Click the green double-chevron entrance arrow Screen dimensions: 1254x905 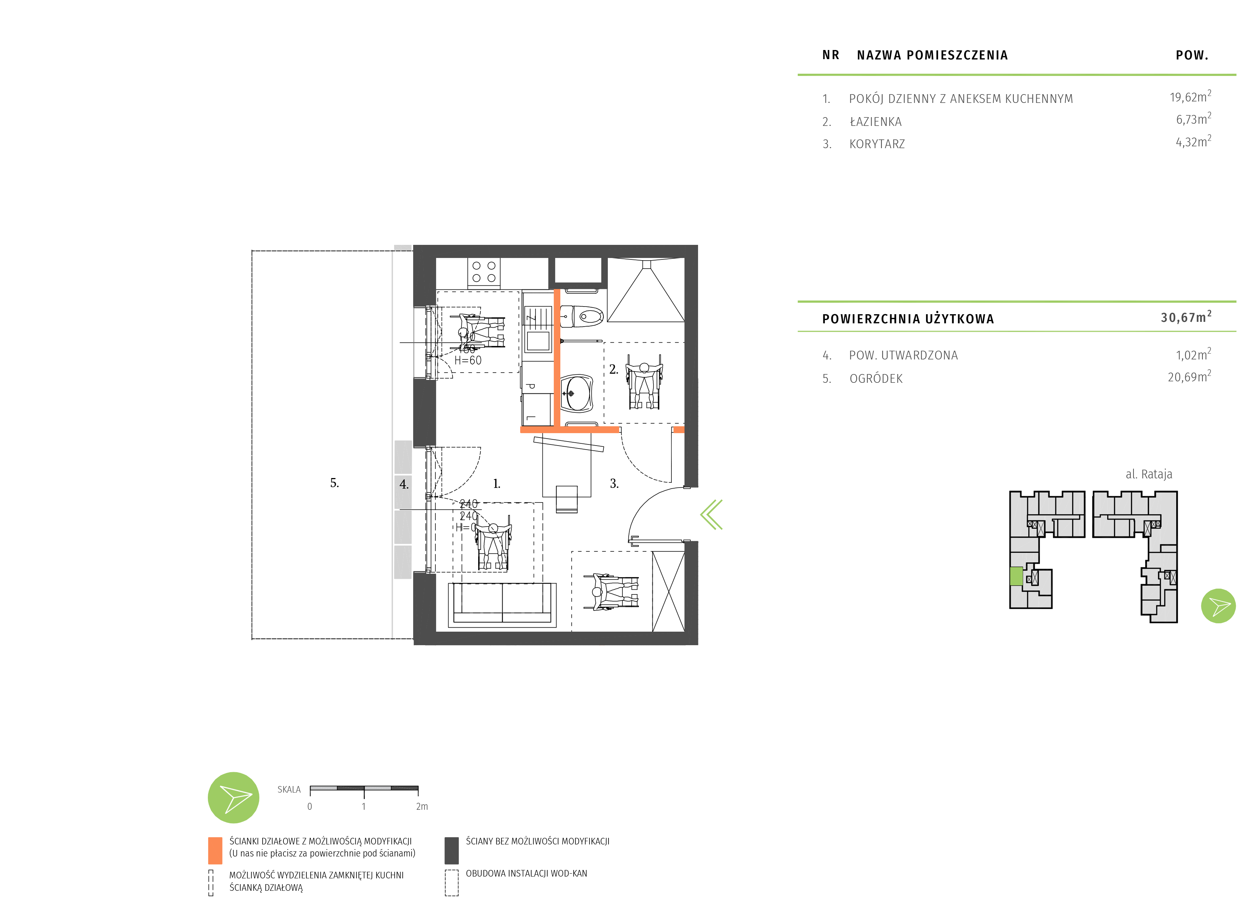point(712,515)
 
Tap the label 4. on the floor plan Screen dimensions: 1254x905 point(404,485)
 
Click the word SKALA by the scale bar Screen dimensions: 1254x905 point(289,790)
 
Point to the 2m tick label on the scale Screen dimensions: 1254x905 point(422,807)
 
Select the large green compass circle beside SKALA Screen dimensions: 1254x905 point(233,797)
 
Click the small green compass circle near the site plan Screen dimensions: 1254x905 point(1218,606)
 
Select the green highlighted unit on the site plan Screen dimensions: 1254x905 point(1016,576)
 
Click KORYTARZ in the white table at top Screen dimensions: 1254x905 point(877,144)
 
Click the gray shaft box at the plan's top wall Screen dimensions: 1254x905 point(578,272)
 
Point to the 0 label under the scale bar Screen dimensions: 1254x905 point(310,807)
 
